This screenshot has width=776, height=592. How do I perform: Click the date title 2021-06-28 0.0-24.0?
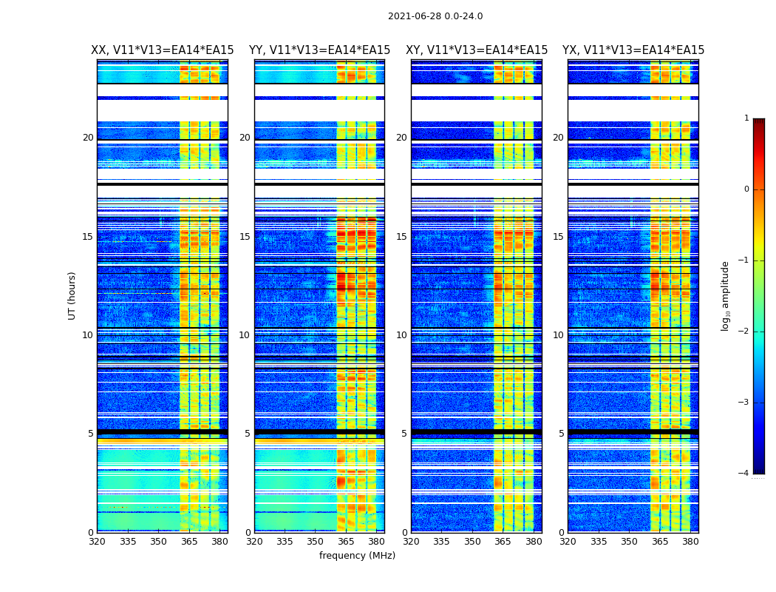(435, 16)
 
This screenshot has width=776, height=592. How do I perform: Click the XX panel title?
(163, 50)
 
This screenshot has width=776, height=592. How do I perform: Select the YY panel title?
(319, 50)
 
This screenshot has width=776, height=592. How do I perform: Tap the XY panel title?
(477, 50)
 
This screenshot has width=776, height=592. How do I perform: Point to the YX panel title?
(633, 50)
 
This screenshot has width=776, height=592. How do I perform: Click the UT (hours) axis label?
(72, 295)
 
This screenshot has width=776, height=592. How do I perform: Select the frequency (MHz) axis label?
(357, 556)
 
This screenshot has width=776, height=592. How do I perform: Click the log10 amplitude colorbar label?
(726, 295)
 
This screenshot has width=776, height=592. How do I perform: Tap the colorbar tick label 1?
(746, 118)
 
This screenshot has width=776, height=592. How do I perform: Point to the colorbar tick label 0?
(746, 189)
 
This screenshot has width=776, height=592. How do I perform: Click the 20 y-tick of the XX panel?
(88, 138)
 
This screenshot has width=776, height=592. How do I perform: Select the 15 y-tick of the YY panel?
(245, 237)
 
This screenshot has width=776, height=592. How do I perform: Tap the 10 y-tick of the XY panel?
(401, 335)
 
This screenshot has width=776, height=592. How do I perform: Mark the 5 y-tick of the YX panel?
(561, 434)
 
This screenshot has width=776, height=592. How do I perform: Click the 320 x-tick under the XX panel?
(97, 542)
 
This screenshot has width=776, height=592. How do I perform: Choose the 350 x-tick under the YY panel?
(315, 542)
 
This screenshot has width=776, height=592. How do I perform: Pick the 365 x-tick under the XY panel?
(503, 542)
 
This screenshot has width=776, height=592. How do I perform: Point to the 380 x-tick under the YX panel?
(690, 542)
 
